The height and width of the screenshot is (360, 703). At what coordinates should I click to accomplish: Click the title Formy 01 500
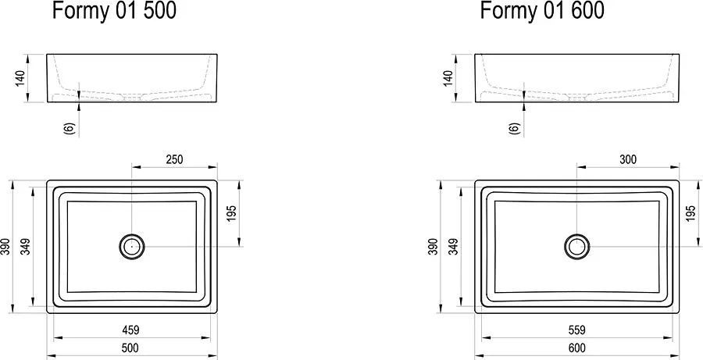pos(114,10)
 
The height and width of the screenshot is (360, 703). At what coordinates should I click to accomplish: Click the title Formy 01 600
pos(543,10)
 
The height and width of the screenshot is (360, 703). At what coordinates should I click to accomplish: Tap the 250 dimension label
pos(174,159)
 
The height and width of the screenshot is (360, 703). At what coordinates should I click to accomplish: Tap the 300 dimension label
pos(628,159)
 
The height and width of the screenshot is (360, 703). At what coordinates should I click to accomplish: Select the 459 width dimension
pos(130,330)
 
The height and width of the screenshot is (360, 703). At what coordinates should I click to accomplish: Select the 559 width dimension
pos(576,330)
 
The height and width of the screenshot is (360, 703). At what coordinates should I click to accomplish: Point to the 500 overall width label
pos(130,348)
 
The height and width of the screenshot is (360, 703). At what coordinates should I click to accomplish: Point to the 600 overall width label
pos(576,348)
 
